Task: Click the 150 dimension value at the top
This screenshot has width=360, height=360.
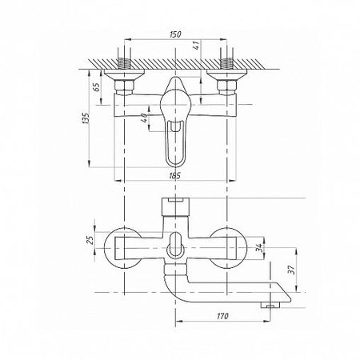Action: [x=175, y=34]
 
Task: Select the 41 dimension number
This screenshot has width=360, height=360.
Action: [x=196, y=46]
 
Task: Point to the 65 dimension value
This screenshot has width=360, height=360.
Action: [x=97, y=86]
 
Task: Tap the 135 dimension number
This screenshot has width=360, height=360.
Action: [x=86, y=118]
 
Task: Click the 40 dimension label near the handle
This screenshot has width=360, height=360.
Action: [x=143, y=118]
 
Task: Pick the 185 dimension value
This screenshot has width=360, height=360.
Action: [x=175, y=175]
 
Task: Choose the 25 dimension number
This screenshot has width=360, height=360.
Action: [x=90, y=240]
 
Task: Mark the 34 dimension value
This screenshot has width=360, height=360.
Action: [x=258, y=248]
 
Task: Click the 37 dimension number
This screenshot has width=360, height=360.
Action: [x=292, y=270]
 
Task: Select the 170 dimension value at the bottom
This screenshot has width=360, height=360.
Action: [x=222, y=316]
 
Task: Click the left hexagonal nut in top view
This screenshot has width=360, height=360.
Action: [x=124, y=86]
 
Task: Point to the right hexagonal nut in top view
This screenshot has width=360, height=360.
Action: [x=227, y=86]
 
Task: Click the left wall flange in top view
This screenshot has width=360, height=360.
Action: [x=124, y=74]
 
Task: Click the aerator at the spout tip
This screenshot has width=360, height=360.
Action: [x=270, y=305]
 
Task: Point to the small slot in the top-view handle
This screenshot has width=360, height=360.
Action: [x=175, y=126]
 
